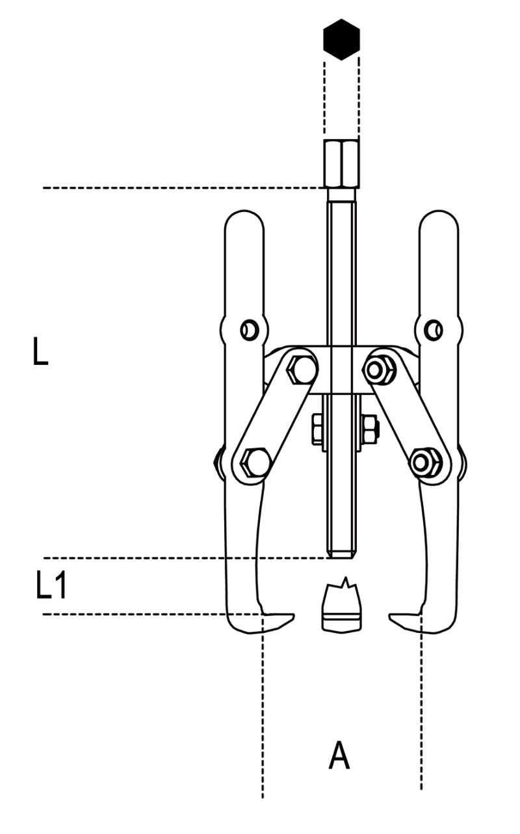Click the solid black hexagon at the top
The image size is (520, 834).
(341, 39)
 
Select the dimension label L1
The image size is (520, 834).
(51, 586)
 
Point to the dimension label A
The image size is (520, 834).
(339, 757)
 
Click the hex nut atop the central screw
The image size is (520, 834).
(341, 163)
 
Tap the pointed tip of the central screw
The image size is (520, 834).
(341, 555)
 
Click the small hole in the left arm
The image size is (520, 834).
(247, 330)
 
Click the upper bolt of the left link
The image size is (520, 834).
(301, 370)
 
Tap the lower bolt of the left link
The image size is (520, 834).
(254, 463)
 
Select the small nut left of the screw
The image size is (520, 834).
(317, 429)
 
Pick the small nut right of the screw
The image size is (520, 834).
(370, 429)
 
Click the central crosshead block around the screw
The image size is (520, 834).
(341, 370)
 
